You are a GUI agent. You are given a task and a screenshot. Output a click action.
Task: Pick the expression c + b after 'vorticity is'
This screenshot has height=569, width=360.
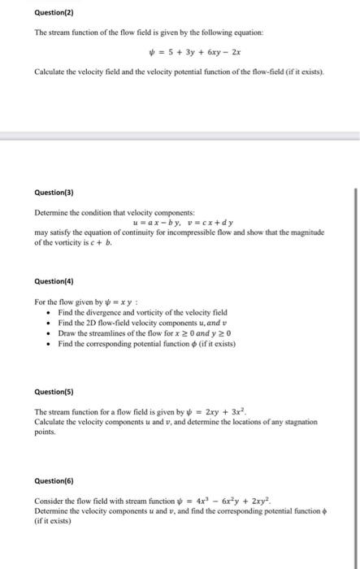point(111,241)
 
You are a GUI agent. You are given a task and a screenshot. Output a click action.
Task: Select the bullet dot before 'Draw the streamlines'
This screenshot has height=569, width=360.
point(50,333)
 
